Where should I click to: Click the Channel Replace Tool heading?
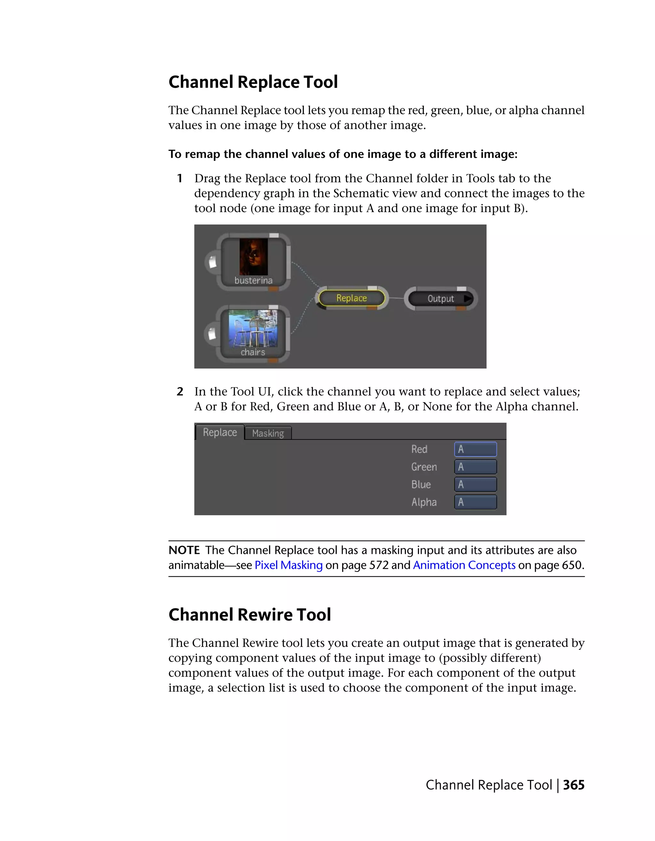(253, 82)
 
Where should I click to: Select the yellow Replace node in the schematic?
(351, 298)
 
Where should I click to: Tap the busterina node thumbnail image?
(253, 256)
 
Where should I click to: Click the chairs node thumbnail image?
(253, 328)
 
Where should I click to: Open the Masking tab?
(268, 433)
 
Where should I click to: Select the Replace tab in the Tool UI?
(220, 432)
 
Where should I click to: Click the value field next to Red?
(475, 449)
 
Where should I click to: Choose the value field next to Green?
(475, 467)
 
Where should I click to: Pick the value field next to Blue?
(475, 485)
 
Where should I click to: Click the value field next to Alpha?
(475, 502)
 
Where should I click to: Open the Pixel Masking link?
(288, 565)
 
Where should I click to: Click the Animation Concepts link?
(464, 565)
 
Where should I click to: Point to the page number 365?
(574, 785)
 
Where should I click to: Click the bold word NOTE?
(184, 550)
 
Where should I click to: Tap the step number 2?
(180, 392)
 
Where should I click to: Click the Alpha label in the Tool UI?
(424, 502)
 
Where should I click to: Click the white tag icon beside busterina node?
(212, 263)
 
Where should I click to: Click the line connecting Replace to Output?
(396, 298)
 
